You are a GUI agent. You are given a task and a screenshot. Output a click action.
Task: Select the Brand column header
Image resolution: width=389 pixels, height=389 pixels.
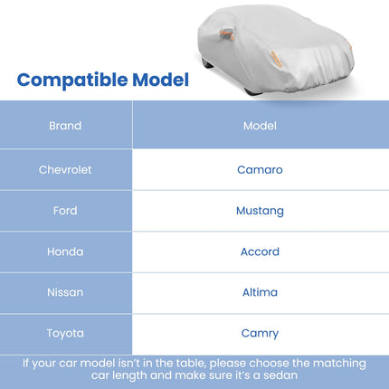[65, 126]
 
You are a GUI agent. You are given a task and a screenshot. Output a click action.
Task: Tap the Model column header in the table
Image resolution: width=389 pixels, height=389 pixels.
[260, 126]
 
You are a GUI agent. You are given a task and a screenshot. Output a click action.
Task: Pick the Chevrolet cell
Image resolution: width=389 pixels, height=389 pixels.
[65, 169]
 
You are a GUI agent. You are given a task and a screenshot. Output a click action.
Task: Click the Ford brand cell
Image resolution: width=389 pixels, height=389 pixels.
[65, 211]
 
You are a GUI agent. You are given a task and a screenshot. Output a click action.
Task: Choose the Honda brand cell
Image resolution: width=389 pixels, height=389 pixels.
[65, 251]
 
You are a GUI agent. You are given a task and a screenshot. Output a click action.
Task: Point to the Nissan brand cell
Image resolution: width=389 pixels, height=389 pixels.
[65, 292]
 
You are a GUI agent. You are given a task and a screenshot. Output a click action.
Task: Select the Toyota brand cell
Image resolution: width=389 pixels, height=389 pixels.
[65, 333]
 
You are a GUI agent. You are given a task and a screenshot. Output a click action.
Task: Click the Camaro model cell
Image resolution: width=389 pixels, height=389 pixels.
[260, 169]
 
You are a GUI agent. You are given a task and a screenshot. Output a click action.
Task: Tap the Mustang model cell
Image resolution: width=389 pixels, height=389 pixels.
[260, 211]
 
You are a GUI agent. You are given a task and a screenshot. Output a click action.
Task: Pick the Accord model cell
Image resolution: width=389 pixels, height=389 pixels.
[260, 251]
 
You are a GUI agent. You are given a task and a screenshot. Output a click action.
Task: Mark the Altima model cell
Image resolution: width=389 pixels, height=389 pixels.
[260, 292]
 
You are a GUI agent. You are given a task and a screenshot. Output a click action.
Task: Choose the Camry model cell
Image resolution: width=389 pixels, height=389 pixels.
[260, 333]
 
